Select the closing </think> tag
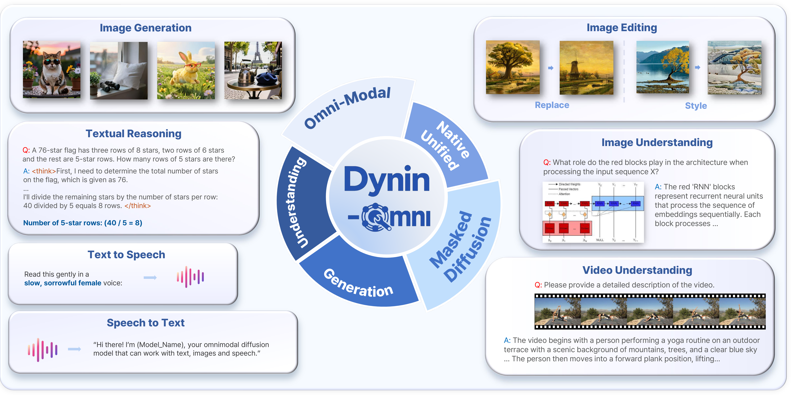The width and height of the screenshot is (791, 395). (x=138, y=206)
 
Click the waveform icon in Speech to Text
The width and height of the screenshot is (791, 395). (x=42, y=350)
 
